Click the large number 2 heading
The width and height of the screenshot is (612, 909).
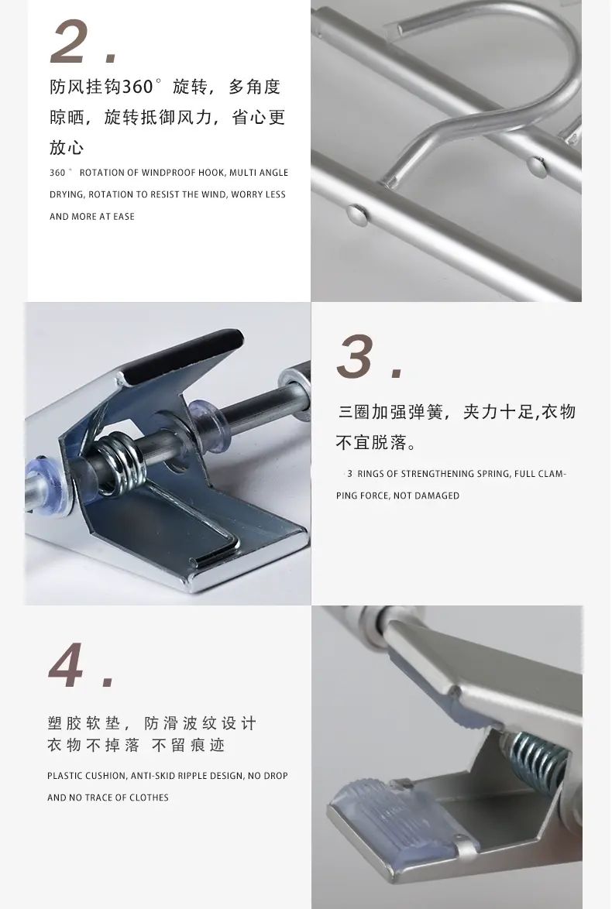70,42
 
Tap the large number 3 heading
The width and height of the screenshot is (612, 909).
355,356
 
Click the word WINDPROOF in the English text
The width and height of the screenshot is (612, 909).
169,173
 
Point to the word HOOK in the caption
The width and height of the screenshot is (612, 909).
211,173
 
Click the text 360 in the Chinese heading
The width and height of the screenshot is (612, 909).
137,87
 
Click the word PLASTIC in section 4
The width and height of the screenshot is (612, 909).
65,776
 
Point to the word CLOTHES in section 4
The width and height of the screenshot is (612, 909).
150,798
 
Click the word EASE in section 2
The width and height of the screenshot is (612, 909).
123,217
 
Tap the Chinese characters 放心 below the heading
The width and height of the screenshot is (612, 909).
67,148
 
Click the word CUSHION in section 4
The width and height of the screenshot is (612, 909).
105,776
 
